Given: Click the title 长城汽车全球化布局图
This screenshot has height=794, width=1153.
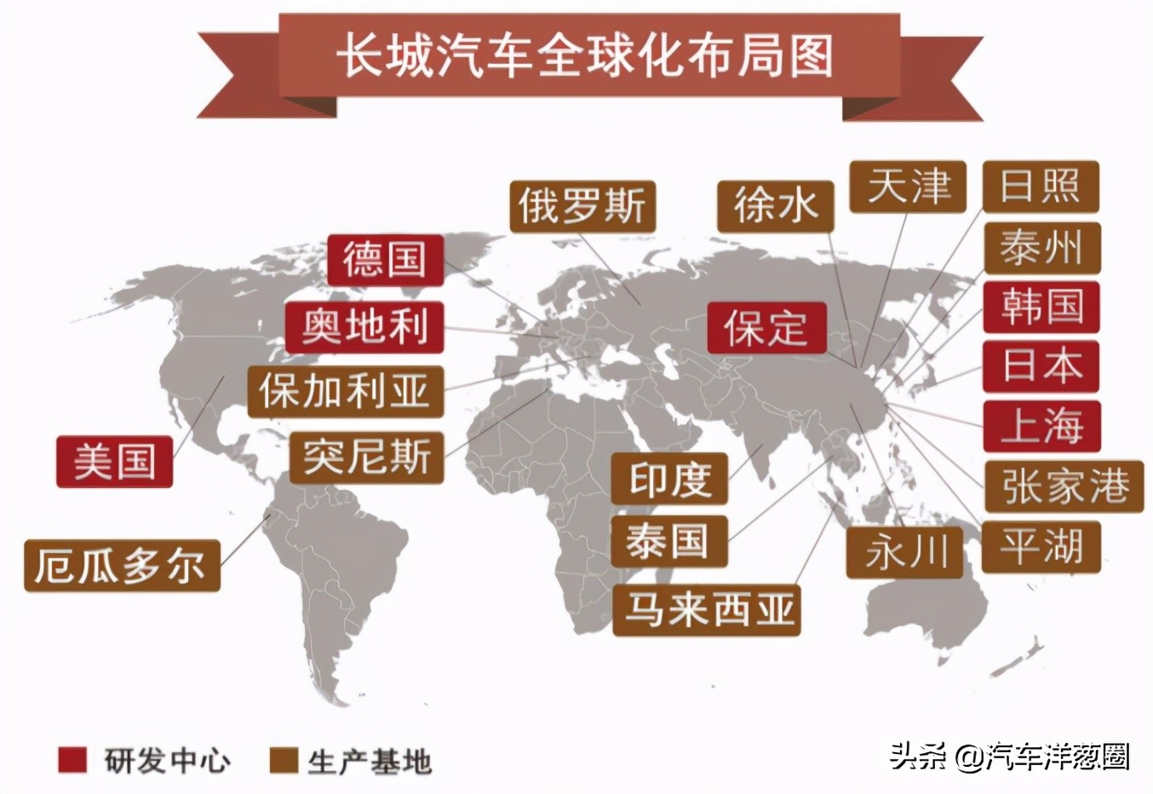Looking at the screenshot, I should [586, 56].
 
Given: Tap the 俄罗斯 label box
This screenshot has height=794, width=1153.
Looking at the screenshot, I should [583, 206].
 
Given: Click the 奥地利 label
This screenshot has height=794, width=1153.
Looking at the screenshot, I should [364, 326].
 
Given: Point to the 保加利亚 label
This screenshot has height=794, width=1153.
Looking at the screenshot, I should [346, 392].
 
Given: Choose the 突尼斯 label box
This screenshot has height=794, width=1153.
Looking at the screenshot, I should [367, 457].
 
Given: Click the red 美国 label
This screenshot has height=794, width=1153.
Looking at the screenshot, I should [115, 462].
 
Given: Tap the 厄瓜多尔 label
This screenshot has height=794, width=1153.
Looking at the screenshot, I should [122, 565].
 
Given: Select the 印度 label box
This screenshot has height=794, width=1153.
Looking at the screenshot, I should [669, 479].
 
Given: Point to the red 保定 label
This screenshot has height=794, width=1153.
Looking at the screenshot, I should [766, 327].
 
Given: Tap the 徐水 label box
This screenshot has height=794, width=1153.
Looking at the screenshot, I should [774, 206].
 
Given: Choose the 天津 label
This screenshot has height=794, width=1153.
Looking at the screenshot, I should [908, 187].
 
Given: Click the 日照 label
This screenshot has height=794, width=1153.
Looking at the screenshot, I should [1041, 187].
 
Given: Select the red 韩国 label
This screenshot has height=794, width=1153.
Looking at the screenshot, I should [1041, 307].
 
